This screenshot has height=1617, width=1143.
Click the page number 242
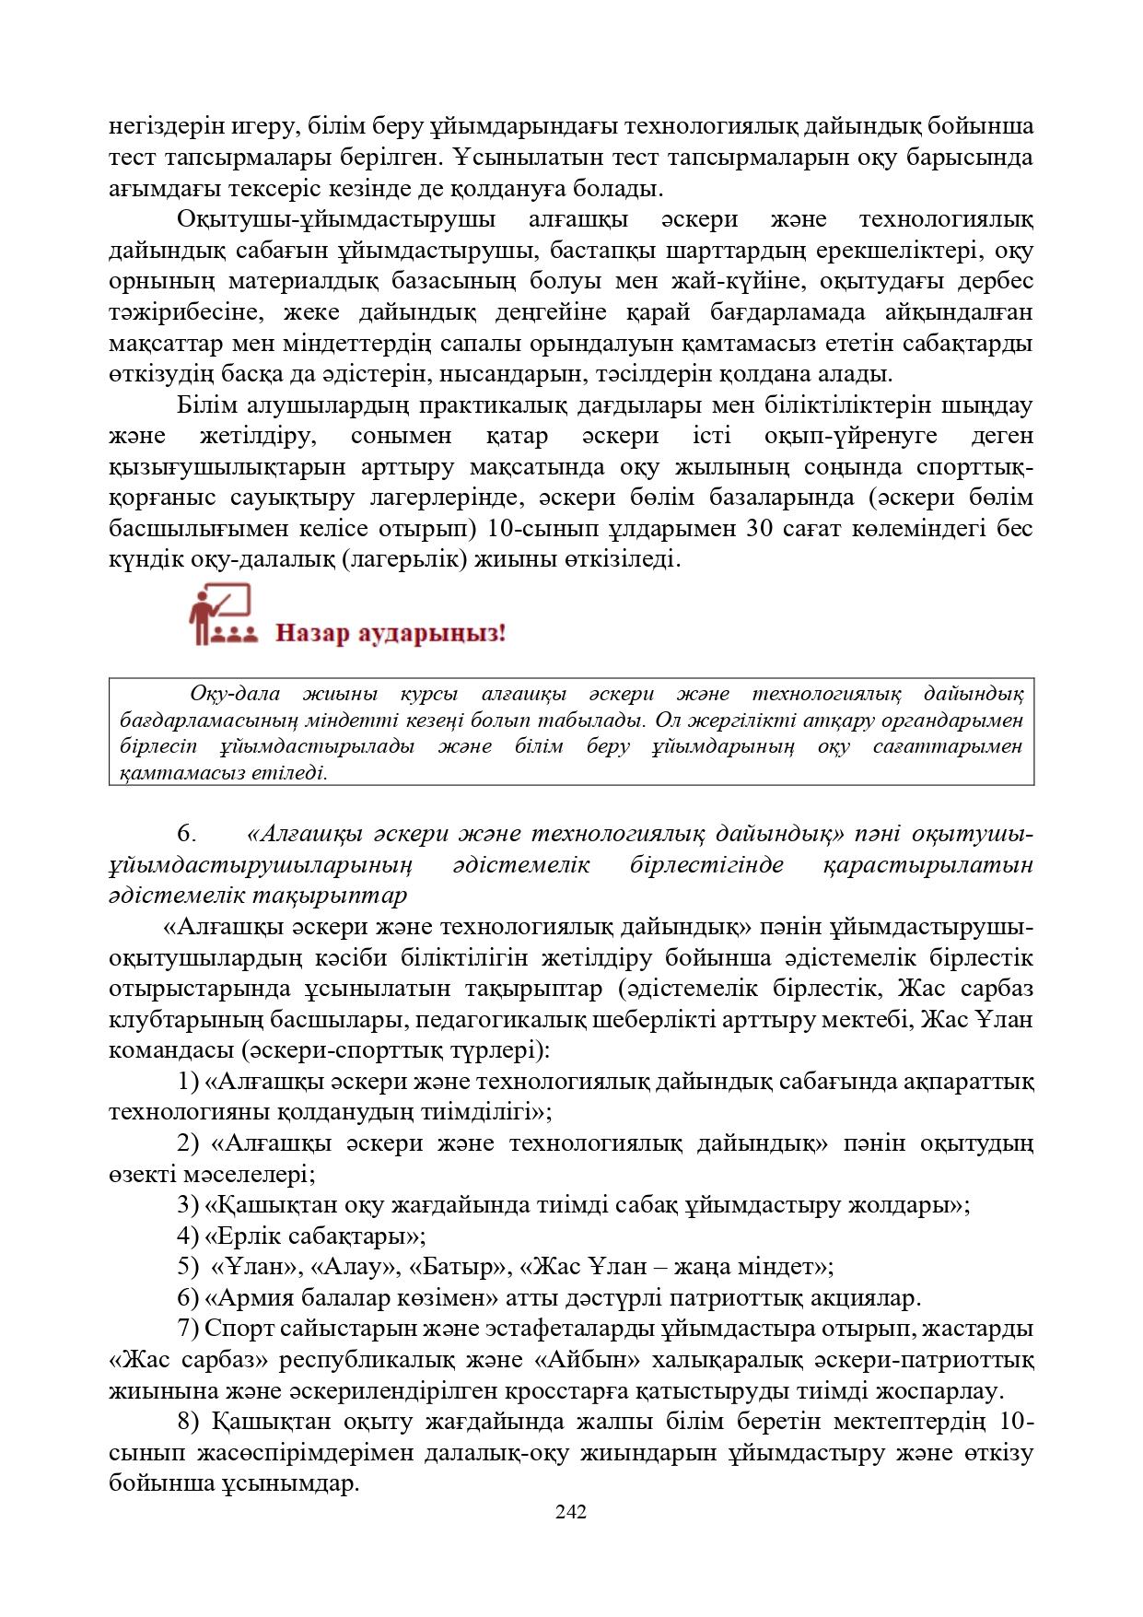571,1511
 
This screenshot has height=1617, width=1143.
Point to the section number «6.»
187,835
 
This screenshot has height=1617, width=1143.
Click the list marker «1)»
188,1081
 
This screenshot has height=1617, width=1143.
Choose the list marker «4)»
188,1235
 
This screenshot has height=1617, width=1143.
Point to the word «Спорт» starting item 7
236,1329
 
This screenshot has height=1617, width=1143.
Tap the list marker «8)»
188,1422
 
